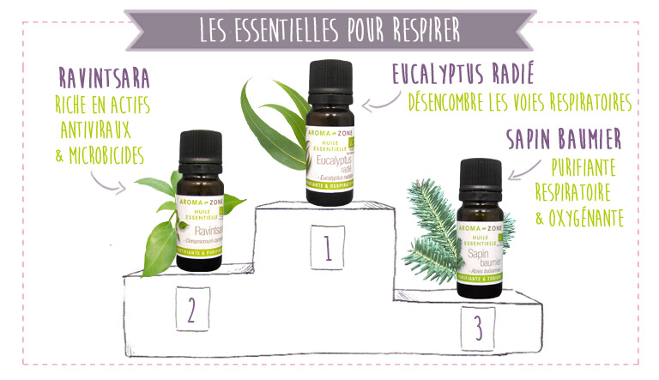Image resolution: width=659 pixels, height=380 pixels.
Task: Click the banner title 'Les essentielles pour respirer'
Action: click(x=329, y=27)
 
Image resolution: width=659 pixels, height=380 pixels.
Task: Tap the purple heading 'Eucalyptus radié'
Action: click(x=474, y=72)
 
